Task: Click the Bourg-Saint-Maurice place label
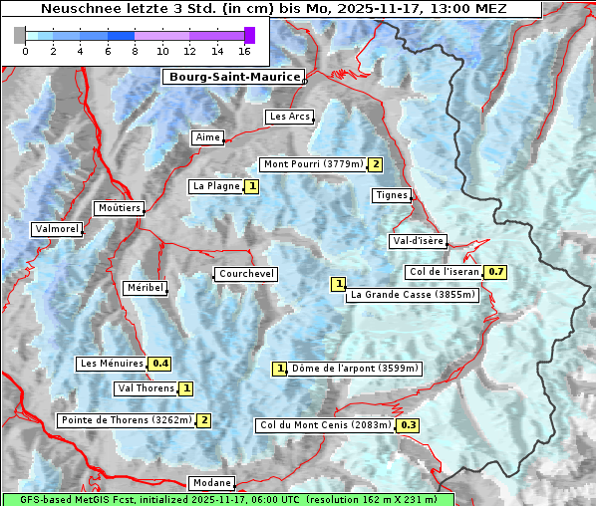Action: click(x=233, y=77)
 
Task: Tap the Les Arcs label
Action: click(x=290, y=117)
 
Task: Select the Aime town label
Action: click(x=208, y=137)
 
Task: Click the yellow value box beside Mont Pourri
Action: click(x=375, y=164)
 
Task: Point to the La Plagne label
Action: click(x=216, y=186)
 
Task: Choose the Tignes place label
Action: click(x=392, y=195)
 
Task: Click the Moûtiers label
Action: click(x=119, y=208)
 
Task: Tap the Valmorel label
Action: click(x=56, y=229)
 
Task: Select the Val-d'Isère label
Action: click(x=418, y=241)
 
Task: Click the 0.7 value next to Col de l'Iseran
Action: click(x=496, y=272)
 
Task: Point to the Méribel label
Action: click(x=145, y=288)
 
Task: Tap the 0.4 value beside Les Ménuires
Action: click(x=160, y=364)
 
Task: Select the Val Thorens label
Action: click(x=146, y=388)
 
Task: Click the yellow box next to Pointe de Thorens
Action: click(x=203, y=420)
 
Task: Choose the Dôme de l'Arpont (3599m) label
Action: click(x=355, y=369)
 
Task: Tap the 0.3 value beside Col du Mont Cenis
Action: click(x=408, y=425)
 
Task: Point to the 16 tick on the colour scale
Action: click(x=244, y=50)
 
